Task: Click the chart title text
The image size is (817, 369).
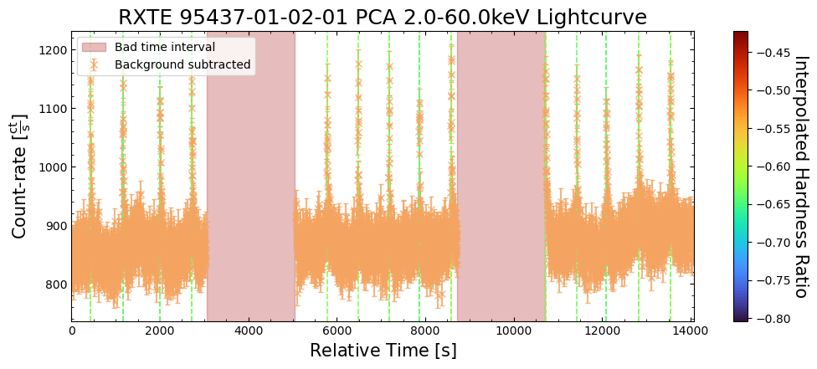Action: (382, 17)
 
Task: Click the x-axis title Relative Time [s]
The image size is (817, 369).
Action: (383, 351)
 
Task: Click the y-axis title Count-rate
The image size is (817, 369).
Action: (19, 177)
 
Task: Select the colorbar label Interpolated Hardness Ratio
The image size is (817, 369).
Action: (799, 177)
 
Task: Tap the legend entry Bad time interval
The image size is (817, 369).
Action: (165, 47)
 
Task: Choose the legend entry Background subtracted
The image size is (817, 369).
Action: (182, 64)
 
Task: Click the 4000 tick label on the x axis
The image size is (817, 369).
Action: (248, 330)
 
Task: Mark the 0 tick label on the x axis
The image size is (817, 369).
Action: (72, 330)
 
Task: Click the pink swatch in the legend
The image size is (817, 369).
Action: (94, 47)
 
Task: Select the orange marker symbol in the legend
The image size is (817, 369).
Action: (94, 64)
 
